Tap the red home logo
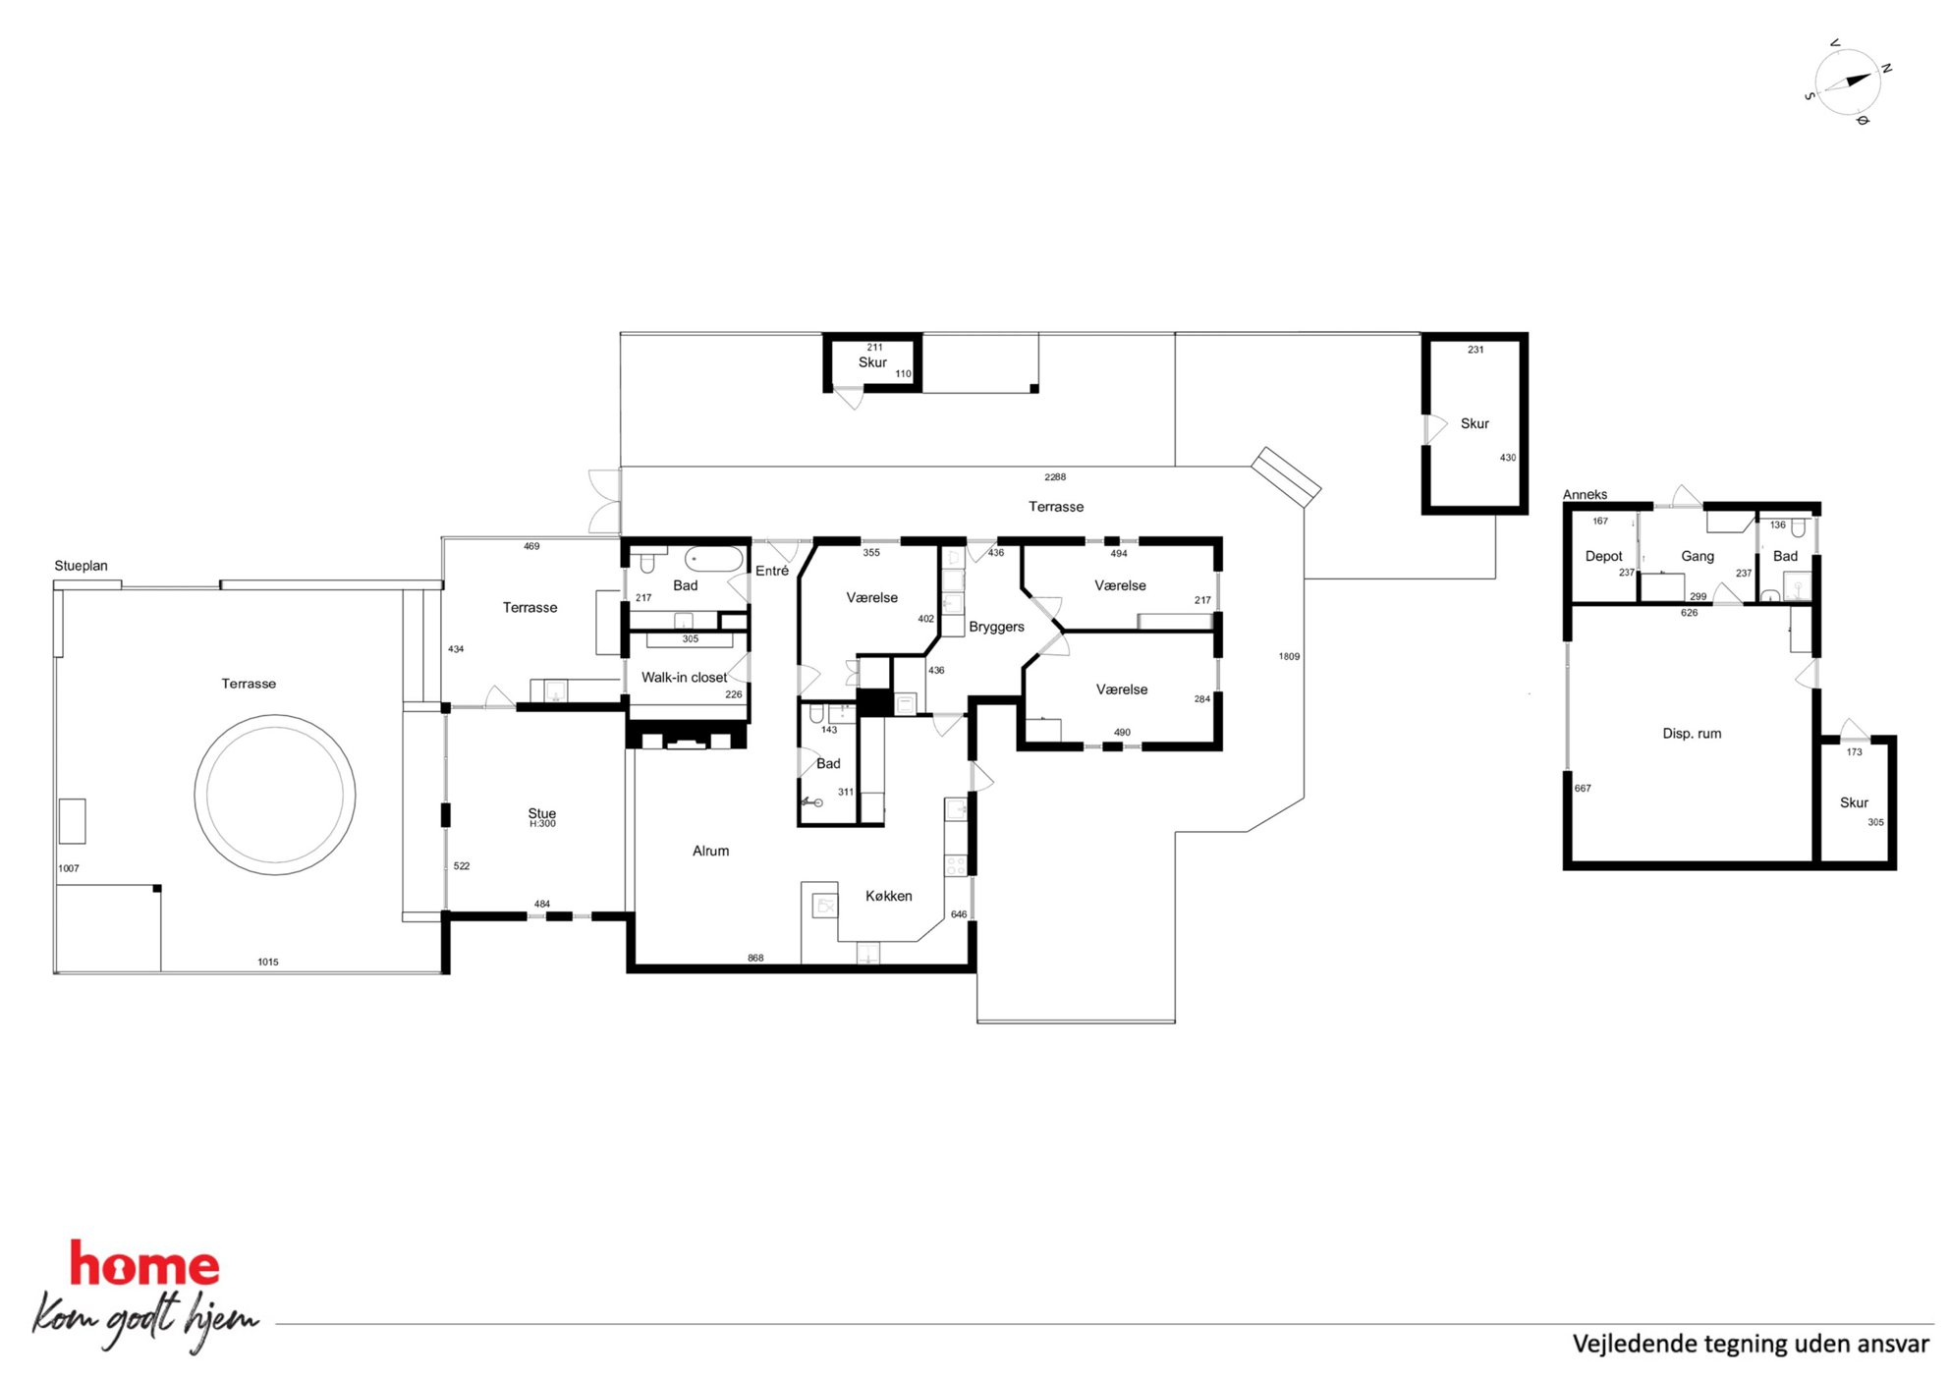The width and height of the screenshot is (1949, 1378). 144,1264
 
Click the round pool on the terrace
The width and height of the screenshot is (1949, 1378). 275,795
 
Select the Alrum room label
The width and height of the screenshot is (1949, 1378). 710,851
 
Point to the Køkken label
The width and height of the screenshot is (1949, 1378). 888,896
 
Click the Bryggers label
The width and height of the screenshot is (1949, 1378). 996,627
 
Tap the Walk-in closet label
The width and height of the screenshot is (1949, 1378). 684,677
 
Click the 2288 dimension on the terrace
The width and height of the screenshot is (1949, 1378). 1055,477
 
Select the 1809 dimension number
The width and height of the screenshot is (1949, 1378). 1289,656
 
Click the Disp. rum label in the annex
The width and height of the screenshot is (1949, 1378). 1692,734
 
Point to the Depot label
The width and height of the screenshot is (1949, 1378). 1603,556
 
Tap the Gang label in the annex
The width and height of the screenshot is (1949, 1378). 1698,556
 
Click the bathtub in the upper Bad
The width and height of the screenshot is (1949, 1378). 714,559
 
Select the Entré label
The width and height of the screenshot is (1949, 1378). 772,571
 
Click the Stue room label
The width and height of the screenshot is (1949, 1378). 541,813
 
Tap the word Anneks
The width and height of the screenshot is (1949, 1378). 1585,494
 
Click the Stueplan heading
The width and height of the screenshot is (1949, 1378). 81,566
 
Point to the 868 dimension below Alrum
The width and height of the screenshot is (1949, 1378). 755,958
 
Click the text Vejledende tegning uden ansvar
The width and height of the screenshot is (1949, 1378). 1751,1344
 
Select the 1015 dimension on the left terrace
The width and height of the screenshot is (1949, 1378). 268,962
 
